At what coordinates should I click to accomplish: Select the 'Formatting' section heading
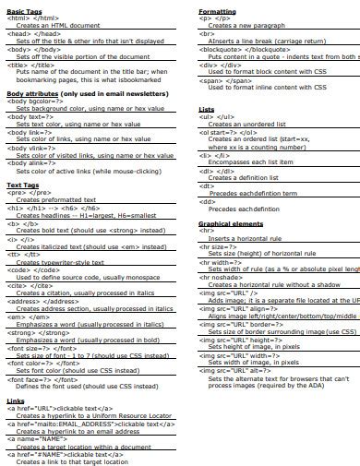(x=217, y=10)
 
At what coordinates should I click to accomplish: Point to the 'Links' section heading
(x=16, y=401)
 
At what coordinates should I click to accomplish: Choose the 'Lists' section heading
(x=207, y=109)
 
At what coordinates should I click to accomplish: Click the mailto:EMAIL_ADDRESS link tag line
(x=83, y=424)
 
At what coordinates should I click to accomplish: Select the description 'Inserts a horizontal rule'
(x=249, y=238)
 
